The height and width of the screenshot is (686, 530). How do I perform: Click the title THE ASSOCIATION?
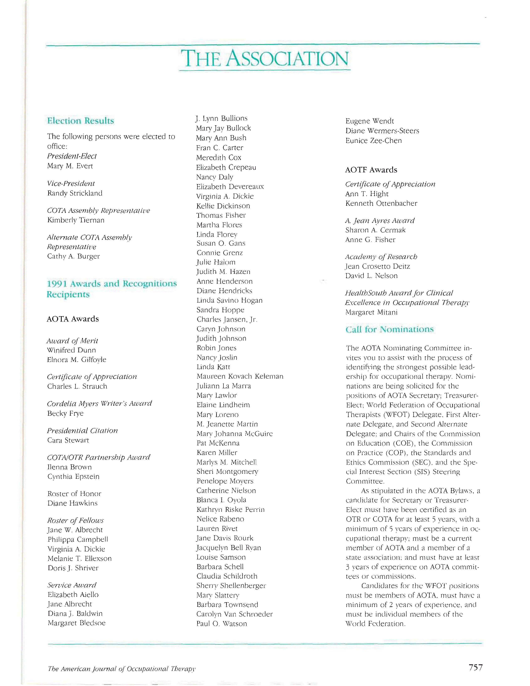(265, 59)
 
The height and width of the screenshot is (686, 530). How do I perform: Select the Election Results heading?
(80, 121)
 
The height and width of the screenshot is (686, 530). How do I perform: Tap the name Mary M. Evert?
(70, 166)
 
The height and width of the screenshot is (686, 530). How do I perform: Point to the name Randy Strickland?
(75, 193)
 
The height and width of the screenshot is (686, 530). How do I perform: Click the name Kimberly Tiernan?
(76, 220)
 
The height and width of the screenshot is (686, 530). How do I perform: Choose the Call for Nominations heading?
(389, 329)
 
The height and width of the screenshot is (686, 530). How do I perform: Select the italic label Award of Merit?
(72, 341)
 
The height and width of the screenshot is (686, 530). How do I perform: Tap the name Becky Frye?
(65, 413)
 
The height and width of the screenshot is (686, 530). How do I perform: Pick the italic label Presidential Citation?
(82, 431)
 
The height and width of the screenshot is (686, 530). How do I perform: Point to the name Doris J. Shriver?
(73, 568)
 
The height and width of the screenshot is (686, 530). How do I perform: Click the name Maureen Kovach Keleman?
(240, 376)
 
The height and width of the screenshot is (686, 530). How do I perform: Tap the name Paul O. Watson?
(222, 624)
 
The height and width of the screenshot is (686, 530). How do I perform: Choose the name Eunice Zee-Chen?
(373, 141)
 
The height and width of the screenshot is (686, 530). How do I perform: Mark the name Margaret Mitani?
(371, 312)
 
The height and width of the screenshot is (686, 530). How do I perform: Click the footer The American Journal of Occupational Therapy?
(122, 669)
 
